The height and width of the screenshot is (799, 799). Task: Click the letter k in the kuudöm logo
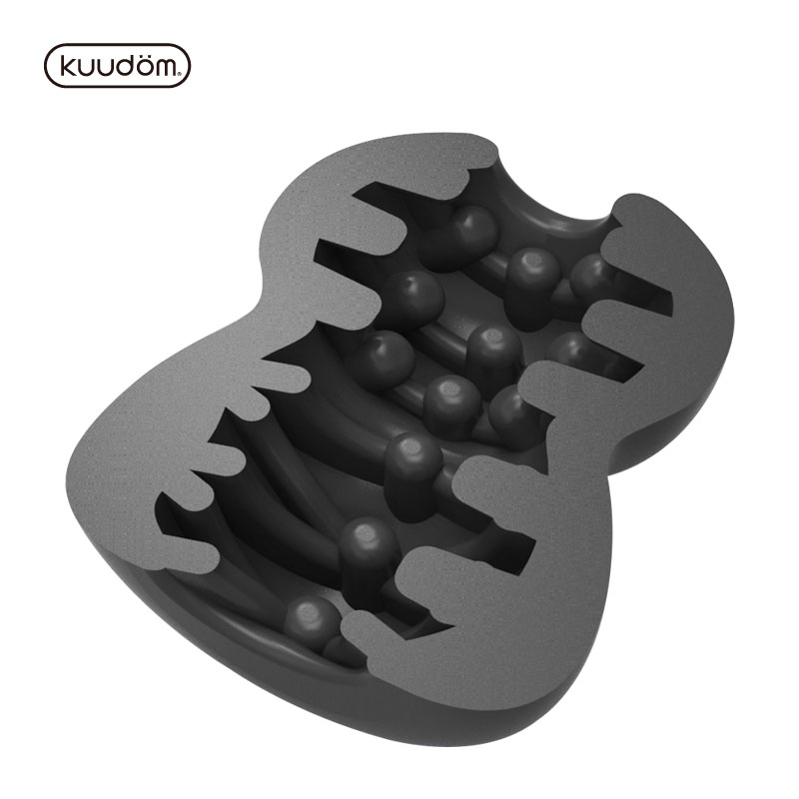[x=67, y=66]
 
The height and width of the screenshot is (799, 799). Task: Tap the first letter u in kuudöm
[x=87, y=68]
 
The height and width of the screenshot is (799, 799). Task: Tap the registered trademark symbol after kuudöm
[x=180, y=74]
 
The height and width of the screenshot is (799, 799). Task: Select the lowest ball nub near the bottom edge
[x=311, y=621]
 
